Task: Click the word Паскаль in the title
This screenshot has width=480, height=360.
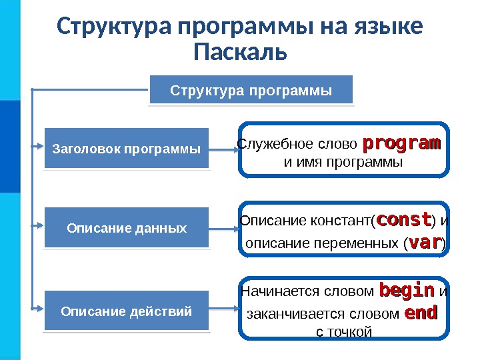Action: point(240,51)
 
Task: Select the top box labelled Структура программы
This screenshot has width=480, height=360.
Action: point(251,90)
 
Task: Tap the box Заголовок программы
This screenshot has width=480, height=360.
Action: point(126,148)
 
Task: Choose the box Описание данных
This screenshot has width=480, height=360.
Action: point(127,228)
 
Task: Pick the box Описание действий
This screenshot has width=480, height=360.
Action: point(127,311)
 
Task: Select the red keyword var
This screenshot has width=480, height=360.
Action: point(424,243)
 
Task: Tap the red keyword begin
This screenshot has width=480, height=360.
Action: point(406,291)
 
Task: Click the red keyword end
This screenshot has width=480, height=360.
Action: point(421,313)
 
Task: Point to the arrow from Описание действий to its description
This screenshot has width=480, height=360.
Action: point(224,309)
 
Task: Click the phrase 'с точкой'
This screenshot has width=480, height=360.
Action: point(343,331)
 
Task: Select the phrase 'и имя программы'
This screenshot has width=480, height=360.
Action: point(343,162)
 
